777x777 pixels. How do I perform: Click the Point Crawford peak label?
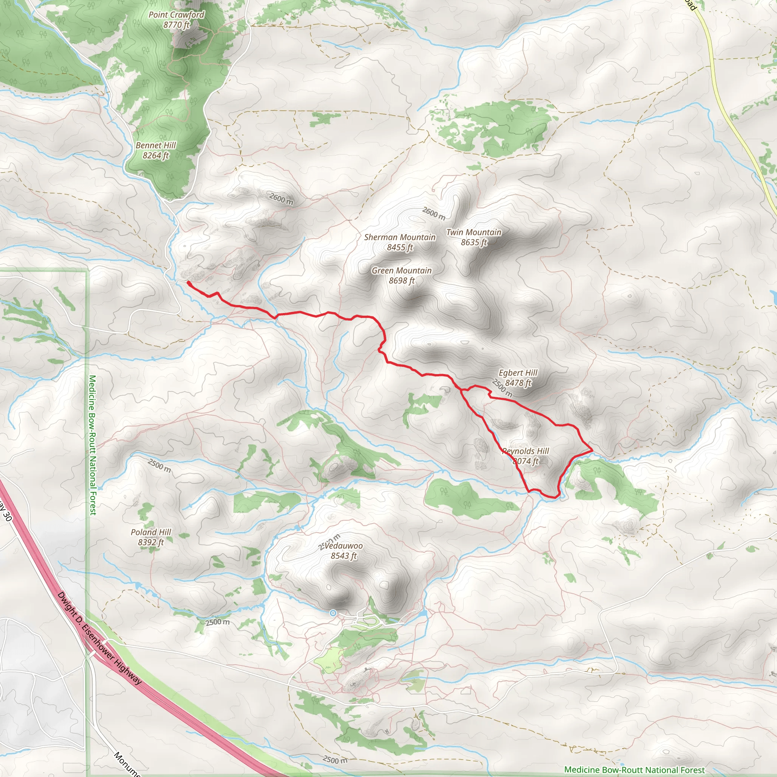click(176, 15)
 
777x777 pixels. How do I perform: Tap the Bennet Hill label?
click(156, 145)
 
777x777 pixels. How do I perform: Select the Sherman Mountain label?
click(400, 237)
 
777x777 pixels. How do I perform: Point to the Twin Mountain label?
click(474, 232)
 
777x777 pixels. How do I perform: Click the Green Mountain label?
click(401, 271)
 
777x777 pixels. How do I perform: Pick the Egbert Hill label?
click(518, 373)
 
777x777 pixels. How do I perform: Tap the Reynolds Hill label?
click(525, 451)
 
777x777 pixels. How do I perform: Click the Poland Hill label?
click(151, 532)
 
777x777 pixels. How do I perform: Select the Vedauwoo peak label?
click(344, 546)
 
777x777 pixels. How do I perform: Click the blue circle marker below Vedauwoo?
click(333, 613)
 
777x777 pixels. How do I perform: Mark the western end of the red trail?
click(188, 283)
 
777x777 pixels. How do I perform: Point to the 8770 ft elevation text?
click(176, 25)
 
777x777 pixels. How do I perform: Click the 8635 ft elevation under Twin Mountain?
click(474, 242)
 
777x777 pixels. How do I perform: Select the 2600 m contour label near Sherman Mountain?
click(434, 213)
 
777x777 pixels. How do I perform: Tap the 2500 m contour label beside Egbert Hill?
click(502, 388)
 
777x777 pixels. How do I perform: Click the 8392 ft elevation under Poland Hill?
click(151, 542)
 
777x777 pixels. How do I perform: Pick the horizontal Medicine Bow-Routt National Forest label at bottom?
click(634, 769)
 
